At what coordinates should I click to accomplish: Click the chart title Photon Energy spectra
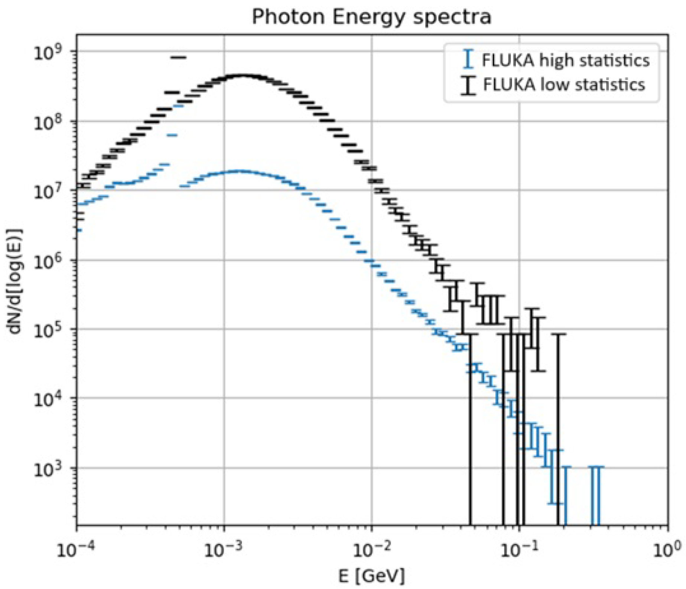tap(371, 17)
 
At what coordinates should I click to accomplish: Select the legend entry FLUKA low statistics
tap(563, 85)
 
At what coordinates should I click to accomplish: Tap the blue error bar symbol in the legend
tap(469, 59)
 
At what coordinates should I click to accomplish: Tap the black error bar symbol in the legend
tap(469, 85)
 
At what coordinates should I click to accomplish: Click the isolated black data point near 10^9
tap(179, 58)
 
